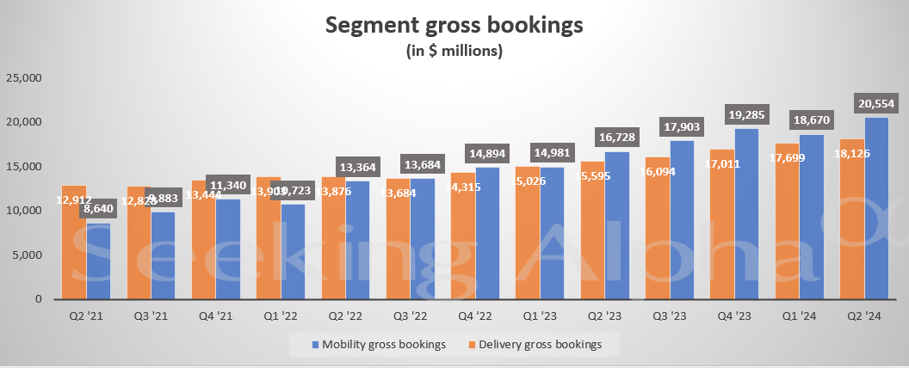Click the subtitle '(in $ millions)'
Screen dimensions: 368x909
454,52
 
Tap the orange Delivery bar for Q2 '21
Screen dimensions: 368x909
74,249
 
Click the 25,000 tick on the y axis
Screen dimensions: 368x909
24,77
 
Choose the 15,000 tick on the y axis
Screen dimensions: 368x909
24,166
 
